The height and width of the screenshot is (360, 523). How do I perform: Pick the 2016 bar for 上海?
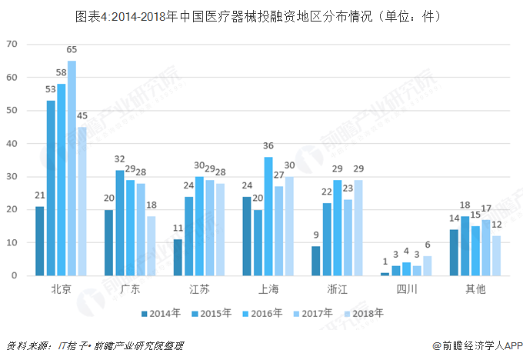(x=268, y=216)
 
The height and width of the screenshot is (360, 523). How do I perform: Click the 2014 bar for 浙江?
(x=316, y=261)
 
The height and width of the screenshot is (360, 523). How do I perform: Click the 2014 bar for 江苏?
(x=178, y=258)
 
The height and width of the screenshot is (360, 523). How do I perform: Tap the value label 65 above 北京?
(x=72, y=50)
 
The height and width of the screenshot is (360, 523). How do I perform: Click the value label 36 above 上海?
(x=268, y=145)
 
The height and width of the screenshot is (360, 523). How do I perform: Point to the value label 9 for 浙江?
(x=316, y=235)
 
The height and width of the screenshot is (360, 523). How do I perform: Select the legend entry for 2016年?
(x=264, y=313)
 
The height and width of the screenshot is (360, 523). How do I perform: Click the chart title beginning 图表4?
(x=261, y=15)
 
